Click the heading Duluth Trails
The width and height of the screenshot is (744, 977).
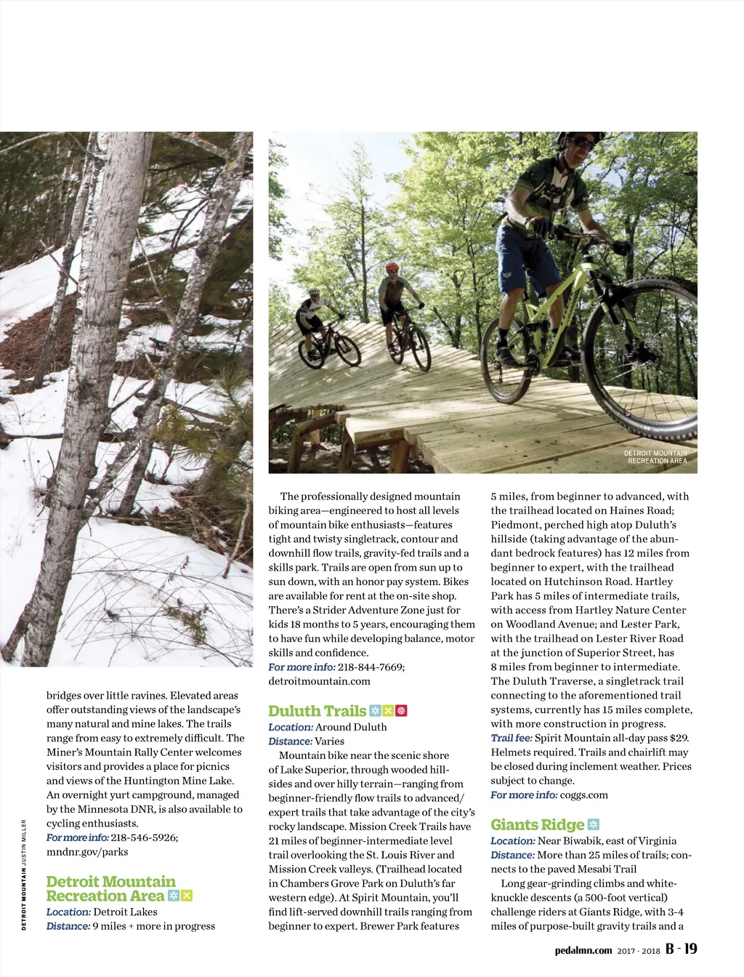click(x=317, y=711)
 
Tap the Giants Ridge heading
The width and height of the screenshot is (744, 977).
click(x=537, y=824)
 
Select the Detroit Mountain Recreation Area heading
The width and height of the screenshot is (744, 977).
click(x=110, y=888)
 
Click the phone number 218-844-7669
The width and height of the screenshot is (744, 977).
click(x=371, y=667)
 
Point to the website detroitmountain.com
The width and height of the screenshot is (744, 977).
click(x=319, y=681)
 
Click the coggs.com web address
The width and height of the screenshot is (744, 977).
click(x=584, y=795)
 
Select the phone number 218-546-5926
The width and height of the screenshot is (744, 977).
click(x=144, y=837)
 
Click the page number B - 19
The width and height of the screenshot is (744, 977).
click(x=681, y=949)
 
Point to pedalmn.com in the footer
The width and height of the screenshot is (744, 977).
click(x=583, y=950)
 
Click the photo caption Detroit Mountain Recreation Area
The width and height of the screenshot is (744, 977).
click(x=656, y=457)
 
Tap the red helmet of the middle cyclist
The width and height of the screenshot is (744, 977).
click(x=392, y=268)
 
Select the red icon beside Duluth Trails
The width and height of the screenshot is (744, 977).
click(x=401, y=711)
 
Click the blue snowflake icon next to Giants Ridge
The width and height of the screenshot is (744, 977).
click(x=594, y=824)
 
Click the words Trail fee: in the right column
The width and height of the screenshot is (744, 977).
click(x=511, y=738)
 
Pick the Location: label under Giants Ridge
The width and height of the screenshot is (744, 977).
click(x=512, y=841)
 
